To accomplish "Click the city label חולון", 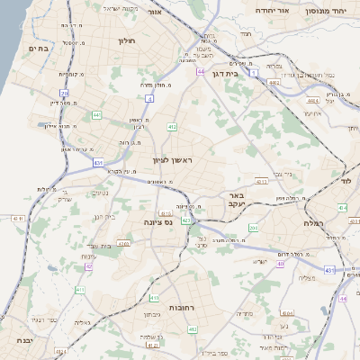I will click(x=125, y=40).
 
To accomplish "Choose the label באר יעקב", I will click(x=237, y=199).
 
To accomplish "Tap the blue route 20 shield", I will click(x=64, y=93).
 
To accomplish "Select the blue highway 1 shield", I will click(x=255, y=71).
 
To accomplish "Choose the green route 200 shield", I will click(x=253, y=229).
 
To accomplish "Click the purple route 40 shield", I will click(x=281, y=264).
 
